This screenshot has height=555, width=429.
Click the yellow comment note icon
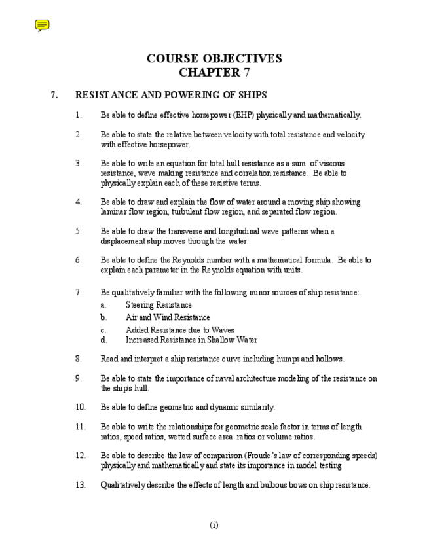point(42,26)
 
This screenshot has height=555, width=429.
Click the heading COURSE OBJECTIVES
point(214,58)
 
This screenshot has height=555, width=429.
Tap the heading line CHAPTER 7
point(214,72)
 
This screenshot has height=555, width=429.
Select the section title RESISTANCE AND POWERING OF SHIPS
point(171,95)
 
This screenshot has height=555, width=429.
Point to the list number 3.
point(79,164)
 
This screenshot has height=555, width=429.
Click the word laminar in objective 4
point(114,212)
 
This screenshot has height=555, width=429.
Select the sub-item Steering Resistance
point(159,305)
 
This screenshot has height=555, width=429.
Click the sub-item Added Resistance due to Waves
point(179,331)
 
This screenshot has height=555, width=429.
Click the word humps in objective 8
point(286,359)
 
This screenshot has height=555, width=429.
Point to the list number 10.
point(80,408)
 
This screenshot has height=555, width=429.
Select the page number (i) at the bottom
point(214,525)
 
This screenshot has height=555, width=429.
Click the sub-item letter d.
point(103,340)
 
